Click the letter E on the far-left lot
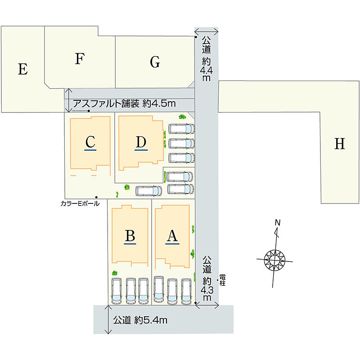pos(23,69)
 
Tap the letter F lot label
pos(80,58)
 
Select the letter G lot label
pos(155,62)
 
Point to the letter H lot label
pos(340,144)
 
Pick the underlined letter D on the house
pos(141,142)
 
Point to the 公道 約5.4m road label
pos(140,320)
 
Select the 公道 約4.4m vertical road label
pos(207,58)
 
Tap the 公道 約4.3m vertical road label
pos(207,279)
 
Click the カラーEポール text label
pos(80,203)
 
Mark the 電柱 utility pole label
pos(222,280)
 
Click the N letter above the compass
pos(278,222)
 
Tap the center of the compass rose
pos(274,260)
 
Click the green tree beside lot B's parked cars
pos(115,273)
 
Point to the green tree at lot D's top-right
pos(182,117)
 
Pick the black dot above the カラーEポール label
pos(96,197)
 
